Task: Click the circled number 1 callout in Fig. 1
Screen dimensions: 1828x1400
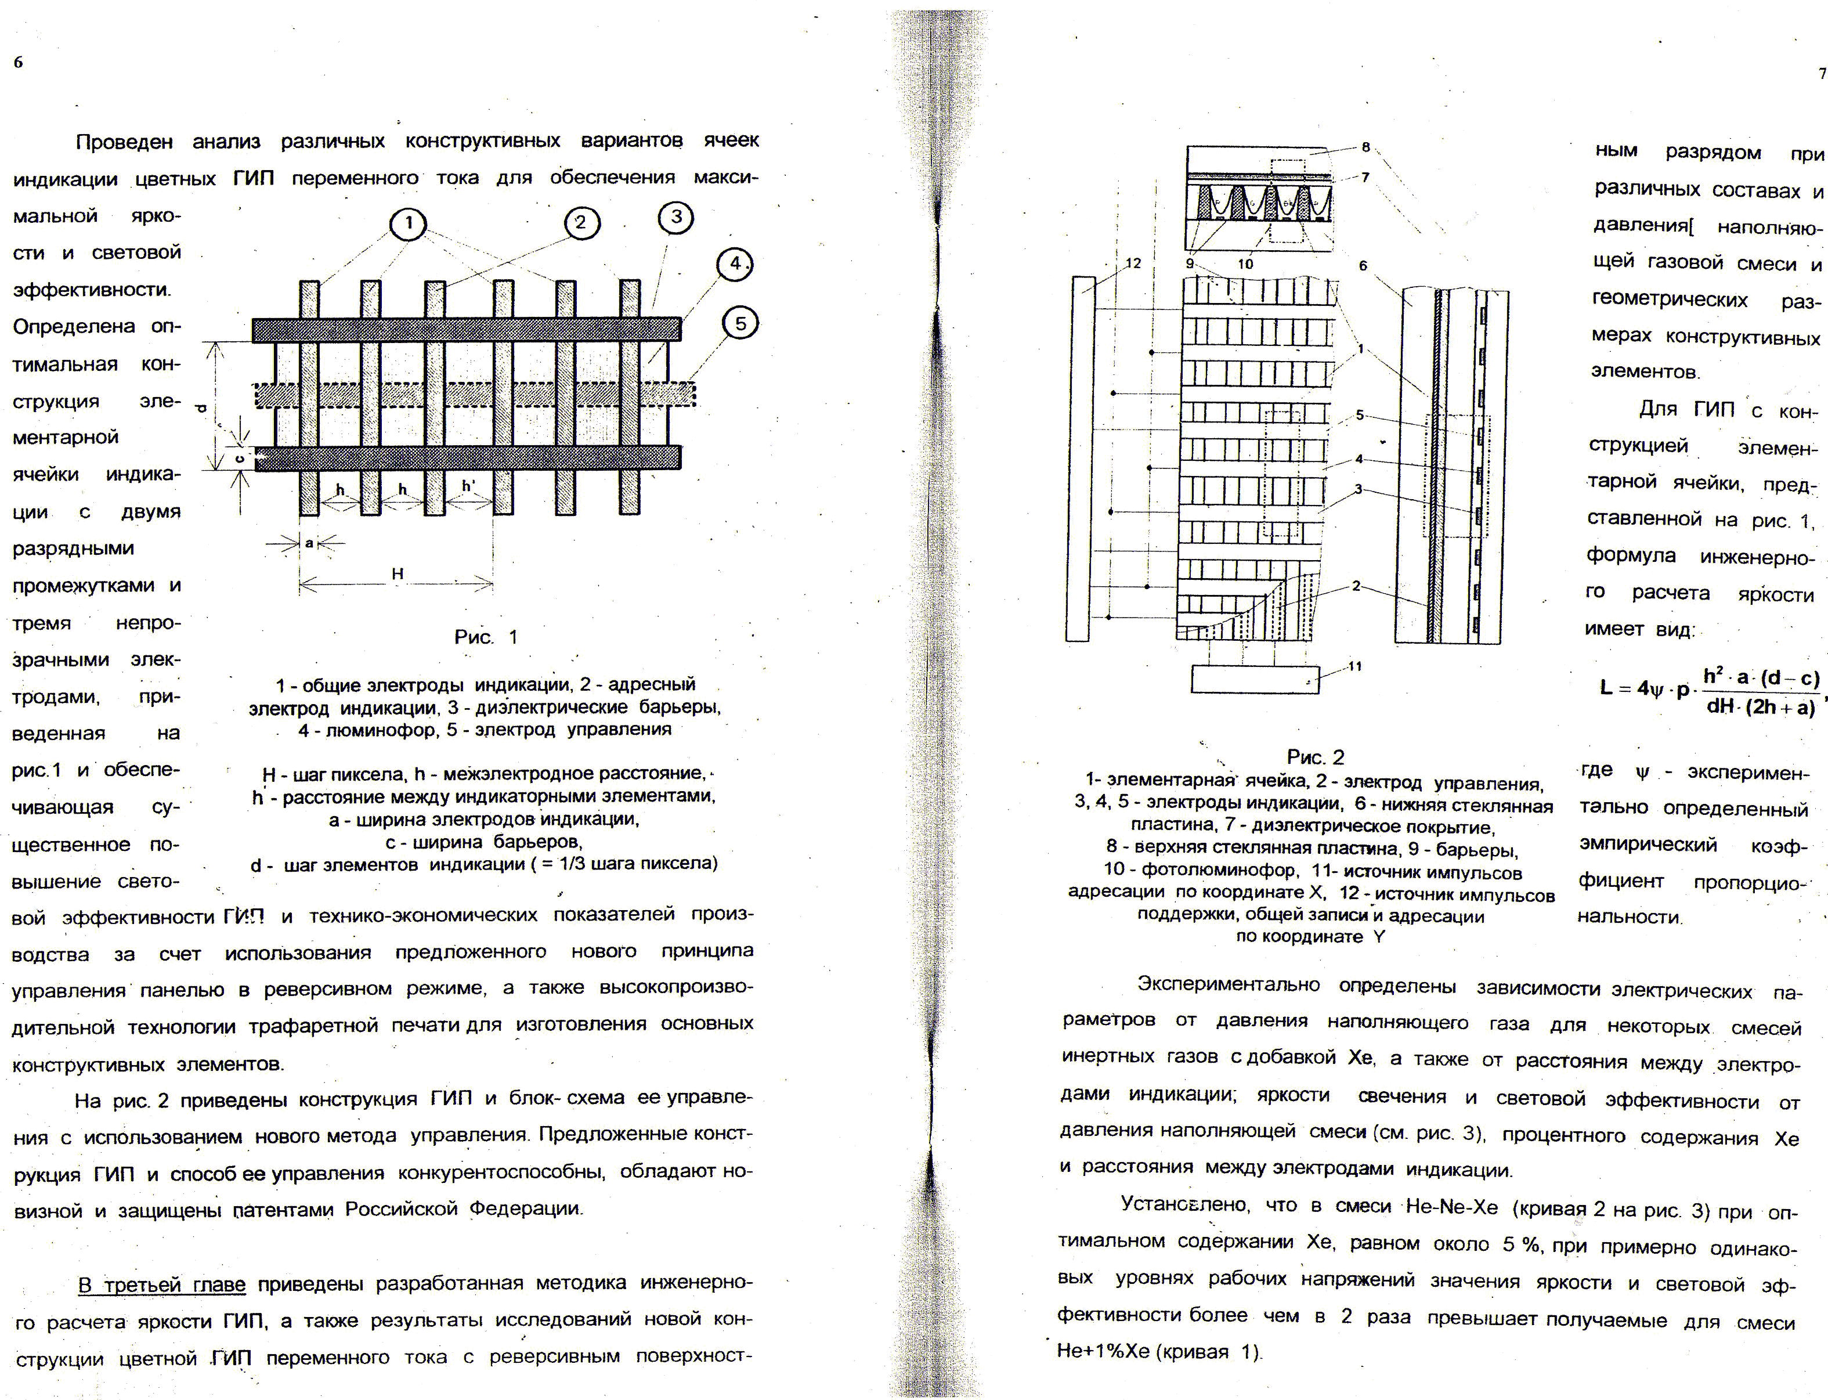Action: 409,223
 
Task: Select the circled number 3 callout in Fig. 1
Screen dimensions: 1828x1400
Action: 675,218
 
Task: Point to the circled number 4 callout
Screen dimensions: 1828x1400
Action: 734,264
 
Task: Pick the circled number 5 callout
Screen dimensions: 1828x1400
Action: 740,323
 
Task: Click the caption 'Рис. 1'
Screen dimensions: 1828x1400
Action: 486,637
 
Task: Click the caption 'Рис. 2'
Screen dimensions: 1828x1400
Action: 1316,757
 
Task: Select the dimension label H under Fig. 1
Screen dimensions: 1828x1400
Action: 398,573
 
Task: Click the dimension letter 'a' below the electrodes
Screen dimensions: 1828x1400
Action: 309,543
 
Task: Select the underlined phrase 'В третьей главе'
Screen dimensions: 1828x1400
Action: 162,1284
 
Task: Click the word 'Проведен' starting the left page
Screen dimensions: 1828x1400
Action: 125,143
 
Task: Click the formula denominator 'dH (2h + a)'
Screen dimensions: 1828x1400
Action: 1760,708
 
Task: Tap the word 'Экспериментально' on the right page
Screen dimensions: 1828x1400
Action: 1228,984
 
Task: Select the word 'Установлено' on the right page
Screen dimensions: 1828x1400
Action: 1183,1204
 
